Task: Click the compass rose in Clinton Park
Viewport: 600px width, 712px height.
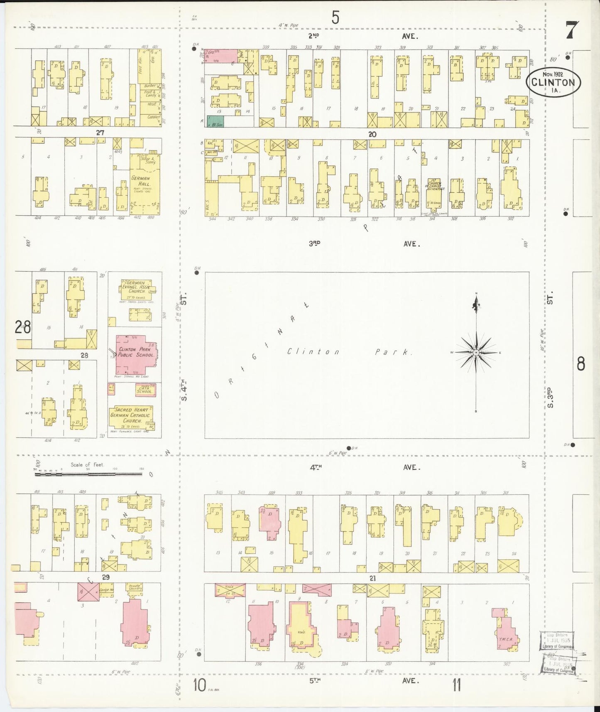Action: tap(476, 353)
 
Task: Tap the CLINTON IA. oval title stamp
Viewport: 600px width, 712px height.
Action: tap(553, 82)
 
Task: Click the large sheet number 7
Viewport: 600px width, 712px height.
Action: tap(572, 30)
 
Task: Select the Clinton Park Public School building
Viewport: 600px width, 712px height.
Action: tap(135, 354)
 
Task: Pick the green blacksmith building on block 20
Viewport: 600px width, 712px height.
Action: tap(215, 121)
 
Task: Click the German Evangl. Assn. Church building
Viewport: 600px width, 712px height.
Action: tap(135, 290)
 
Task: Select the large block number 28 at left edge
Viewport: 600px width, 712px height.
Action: tap(22, 328)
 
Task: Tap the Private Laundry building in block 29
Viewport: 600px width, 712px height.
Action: tap(135, 588)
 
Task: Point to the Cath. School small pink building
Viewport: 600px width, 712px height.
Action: tap(145, 390)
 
